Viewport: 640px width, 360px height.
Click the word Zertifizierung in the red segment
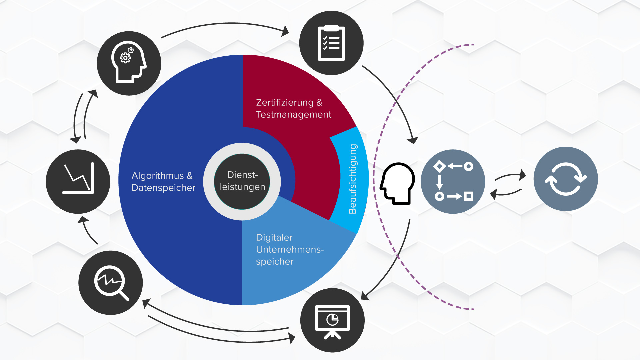point(284,102)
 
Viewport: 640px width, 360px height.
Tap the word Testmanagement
point(293,114)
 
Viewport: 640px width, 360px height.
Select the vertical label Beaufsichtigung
point(352,179)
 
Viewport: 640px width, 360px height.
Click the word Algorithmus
point(158,176)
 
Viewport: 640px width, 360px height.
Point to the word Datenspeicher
point(163,188)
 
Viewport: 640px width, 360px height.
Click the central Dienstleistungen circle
point(242,181)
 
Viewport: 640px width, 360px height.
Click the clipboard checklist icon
point(331,43)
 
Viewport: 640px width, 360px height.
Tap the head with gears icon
point(129,63)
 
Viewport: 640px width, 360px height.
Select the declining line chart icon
point(78,181)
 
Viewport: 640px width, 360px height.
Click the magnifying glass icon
point(111,283)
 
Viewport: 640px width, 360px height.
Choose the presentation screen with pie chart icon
point(332,320)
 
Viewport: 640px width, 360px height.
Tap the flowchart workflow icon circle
point(453,181)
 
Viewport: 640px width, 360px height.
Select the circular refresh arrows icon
point(565,179)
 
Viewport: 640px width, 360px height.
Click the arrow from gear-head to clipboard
point(223,24)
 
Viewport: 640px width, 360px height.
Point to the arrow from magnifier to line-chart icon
point(87,231)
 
